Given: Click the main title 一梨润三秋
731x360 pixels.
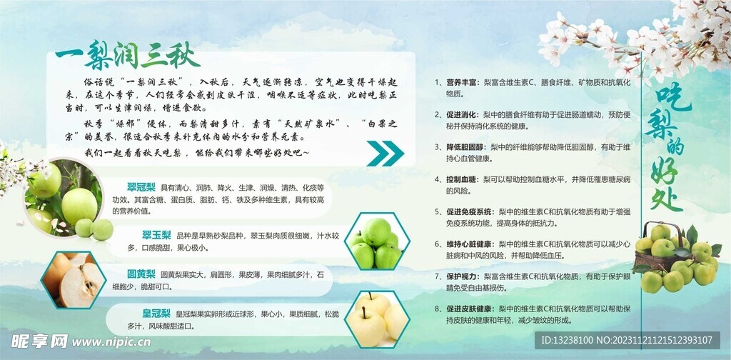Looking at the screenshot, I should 128,55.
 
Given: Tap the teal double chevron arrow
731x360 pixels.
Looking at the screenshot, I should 385,152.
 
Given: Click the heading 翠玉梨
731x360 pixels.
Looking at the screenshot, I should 155,235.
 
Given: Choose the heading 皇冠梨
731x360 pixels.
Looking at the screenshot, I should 155,313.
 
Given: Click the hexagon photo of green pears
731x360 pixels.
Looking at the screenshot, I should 375,242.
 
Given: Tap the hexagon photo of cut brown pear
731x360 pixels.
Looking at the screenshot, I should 74,279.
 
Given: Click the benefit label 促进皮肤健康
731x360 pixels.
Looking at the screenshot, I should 470,309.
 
